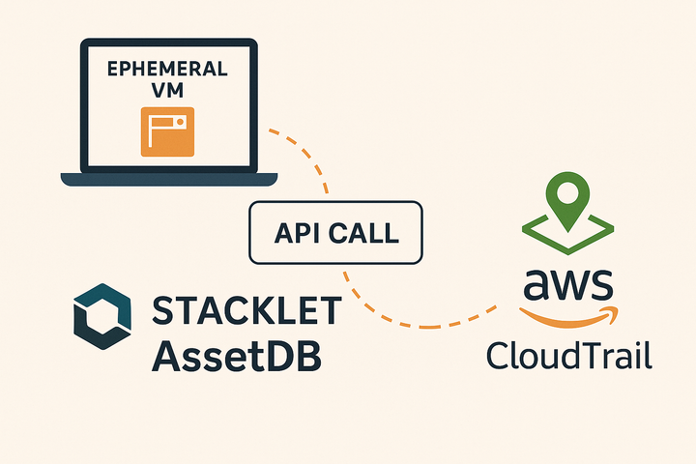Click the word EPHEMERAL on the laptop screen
point(169,70)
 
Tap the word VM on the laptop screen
point(169,92)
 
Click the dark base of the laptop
point(169,179)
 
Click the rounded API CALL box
point(336,233)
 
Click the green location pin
point(567,199)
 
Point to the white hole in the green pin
point(567,189)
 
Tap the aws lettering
point(567,284)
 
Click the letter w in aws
point(567,285)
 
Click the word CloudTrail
point(568,355)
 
